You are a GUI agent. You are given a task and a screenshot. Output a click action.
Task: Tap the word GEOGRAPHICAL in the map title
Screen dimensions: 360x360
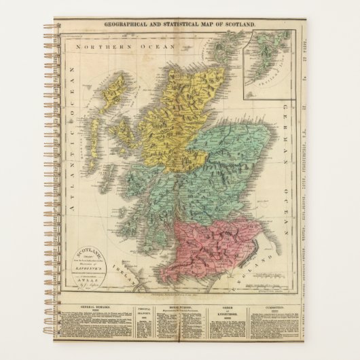click(128, 24)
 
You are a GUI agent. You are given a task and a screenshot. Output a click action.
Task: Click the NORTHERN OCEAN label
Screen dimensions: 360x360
click(121, 48)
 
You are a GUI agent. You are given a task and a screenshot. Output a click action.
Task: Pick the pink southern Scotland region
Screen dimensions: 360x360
click(211, 245)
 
